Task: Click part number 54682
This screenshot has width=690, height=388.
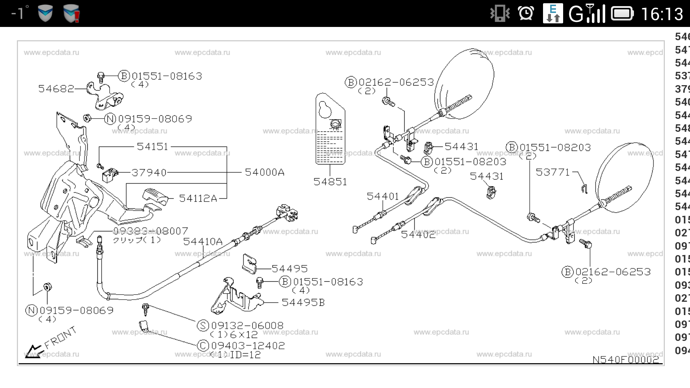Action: point(56,89)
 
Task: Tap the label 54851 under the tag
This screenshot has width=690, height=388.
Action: point(330,182)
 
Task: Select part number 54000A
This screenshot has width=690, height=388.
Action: point(264,172)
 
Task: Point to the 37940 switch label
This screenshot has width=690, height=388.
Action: point(149,173)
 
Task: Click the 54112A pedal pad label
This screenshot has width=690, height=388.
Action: point(198,198)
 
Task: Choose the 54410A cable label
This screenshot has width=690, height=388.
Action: point(203,241)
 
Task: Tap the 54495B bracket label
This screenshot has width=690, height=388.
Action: point(303,302)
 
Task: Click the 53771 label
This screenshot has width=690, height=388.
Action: point(553,172)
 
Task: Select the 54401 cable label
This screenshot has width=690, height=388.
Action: point(383,197)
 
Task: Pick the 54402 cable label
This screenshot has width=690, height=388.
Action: point(418,235)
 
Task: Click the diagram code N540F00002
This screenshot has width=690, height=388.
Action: point(625,360)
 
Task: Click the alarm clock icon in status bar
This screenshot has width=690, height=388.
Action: point(526,14)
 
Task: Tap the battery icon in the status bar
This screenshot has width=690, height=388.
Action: point(622,14)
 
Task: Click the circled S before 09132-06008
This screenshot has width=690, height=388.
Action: point(203,325)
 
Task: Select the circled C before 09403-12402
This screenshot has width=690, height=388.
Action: point(203,346)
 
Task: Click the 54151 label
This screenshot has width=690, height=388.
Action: point(152,147)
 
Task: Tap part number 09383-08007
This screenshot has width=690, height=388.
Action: point(151,231)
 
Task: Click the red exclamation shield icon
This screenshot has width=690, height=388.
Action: point(72,14)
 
